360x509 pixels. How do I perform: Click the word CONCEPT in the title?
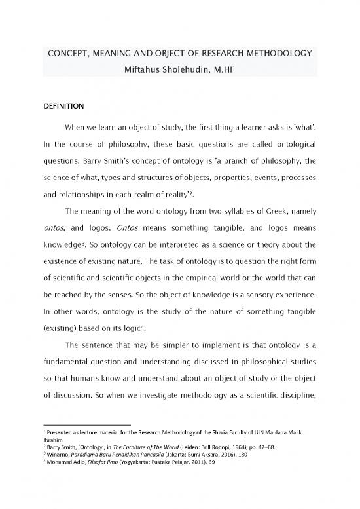[65, 53]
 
